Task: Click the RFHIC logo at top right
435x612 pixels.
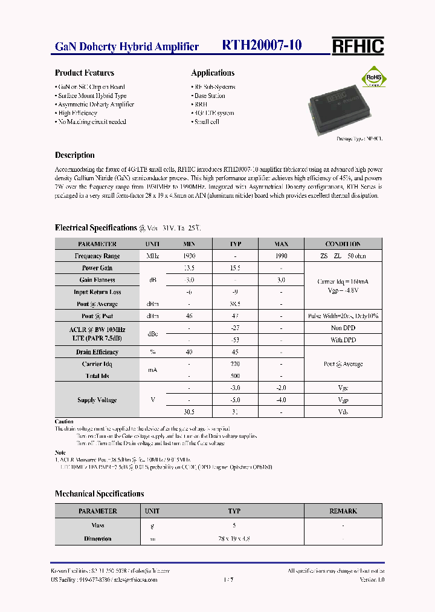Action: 358,46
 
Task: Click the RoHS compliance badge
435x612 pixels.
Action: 372,79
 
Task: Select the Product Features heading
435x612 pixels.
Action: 84,73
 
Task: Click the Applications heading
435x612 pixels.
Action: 213,73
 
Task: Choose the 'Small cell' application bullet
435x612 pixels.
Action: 206,122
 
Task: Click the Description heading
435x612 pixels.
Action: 74,155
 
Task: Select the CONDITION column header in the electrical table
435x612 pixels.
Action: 343,244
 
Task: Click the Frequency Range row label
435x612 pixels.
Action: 97,256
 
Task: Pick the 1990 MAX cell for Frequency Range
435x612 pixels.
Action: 281,256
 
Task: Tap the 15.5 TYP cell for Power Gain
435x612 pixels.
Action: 235,268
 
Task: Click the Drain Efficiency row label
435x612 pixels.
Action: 97,352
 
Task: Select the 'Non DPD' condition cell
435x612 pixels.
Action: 343,328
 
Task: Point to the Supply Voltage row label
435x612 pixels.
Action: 97,400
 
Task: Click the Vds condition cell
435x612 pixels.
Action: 343,412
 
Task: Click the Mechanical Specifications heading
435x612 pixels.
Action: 99,493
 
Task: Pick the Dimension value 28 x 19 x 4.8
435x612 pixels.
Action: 234,538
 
